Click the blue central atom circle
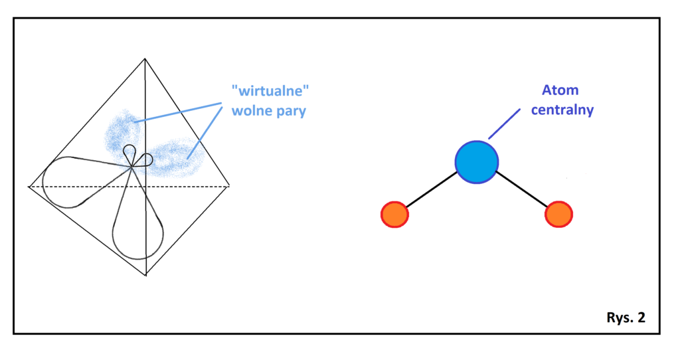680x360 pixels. point(476,161)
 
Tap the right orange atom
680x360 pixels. point(558,215)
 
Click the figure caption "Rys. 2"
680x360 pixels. point(625,317)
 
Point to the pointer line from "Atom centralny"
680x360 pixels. point(504,124)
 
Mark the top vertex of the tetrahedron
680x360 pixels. point(145,59)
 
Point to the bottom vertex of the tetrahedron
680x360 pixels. point(145,275)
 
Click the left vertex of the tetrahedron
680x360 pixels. point(29,187)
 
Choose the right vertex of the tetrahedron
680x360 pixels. point(230,187)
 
